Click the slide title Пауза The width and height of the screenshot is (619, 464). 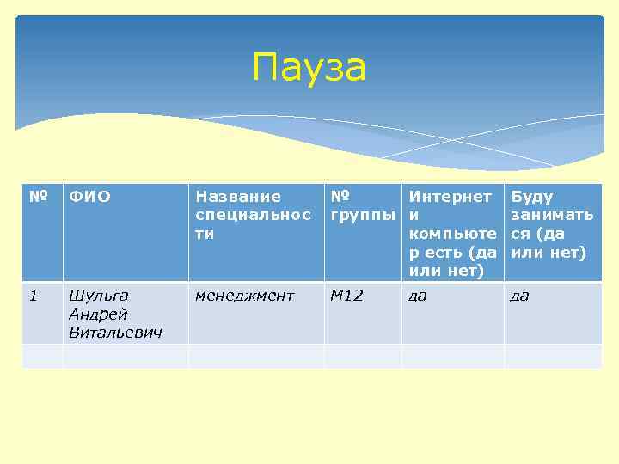click(x=309, y=68)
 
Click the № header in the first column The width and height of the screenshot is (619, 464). click(x=37, y=197)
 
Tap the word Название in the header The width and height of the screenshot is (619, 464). click(x=238, y=197)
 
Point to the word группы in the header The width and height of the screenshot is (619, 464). click(x=363, y=215)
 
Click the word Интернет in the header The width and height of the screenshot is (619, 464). click(x=450, y=197)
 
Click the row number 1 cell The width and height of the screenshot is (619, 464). click(x=34, y=296)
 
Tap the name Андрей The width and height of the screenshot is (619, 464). click(x=97, y=314)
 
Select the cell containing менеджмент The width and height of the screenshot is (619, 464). click(x=245, y=296)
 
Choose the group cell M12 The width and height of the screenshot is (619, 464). click(x=347, y=296)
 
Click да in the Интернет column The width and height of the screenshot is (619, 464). click(x=418, y=296)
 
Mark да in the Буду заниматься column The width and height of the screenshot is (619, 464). click(x=519, y=296)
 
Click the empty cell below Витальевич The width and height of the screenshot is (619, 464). click(x=125, y=356)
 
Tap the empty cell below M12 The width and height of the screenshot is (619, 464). click(x=363, y=356)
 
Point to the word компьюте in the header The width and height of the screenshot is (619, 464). click(x=453, y=234)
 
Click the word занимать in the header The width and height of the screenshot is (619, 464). click(x=551, y=215)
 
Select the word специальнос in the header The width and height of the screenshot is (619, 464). click(x=253, y=215)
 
